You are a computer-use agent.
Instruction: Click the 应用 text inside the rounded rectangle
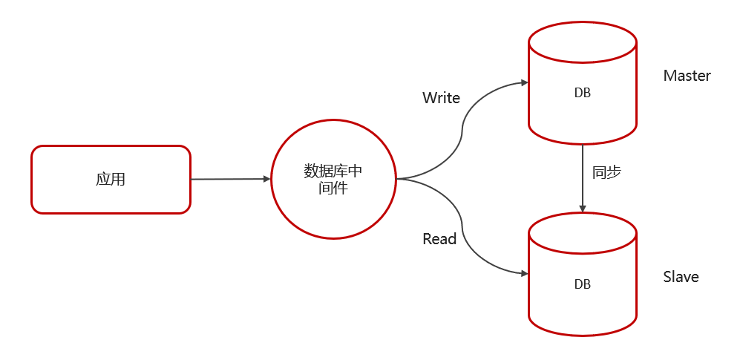pos(111,179)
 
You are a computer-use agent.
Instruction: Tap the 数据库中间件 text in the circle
pos(333,179)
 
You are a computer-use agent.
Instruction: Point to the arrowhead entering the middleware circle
pos(266,179)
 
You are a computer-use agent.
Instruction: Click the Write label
pos(441,98)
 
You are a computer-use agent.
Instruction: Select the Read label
pos(439,239)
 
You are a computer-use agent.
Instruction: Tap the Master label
pos(687,76)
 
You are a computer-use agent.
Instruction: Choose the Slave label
pos(681,277)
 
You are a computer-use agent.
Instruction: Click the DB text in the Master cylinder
pos(583,93)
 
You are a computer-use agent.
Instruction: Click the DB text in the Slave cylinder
pos(583,284)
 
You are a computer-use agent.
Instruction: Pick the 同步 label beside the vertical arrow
pos(606,172)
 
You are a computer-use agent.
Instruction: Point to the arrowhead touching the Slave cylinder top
pos(583,209)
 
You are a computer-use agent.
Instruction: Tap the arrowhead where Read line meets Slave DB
pos(523,274)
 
